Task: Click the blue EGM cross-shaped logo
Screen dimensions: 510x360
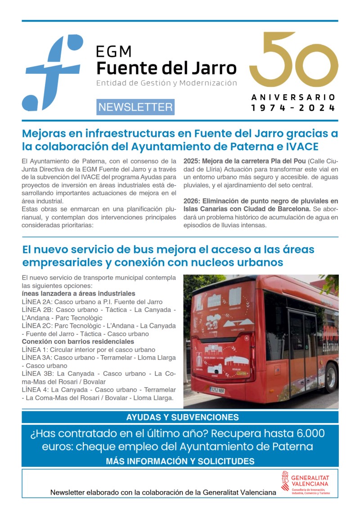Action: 53,72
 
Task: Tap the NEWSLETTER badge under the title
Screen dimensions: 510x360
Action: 135,107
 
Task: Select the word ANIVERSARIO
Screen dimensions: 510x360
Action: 293,97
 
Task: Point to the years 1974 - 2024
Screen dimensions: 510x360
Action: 293,108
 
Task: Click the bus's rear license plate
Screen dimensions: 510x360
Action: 217,390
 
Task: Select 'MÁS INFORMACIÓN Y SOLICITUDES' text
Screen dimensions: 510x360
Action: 180,461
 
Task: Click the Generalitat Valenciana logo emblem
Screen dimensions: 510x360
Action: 285,481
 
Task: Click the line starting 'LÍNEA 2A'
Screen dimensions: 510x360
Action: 92,302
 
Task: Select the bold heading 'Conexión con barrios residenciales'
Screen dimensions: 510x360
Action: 78,342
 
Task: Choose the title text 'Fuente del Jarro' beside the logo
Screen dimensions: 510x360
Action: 166,68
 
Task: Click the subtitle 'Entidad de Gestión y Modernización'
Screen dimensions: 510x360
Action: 166,83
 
